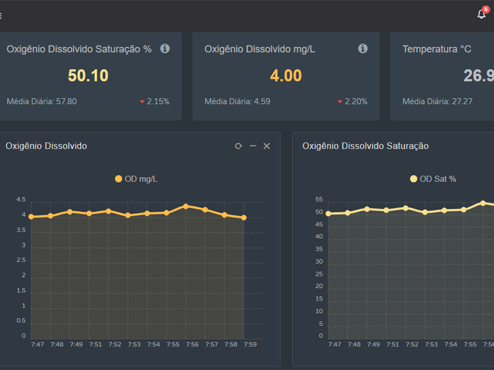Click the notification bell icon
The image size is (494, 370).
481,14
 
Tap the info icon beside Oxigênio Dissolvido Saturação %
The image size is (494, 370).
165,48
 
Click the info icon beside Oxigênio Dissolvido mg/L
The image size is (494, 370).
363,48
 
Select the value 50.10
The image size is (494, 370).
88,76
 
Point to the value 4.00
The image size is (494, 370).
286,76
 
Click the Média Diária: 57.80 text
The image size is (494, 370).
42,101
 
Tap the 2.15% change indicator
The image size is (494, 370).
154,101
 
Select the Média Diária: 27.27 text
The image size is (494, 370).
437,101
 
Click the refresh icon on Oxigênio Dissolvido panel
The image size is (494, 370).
238,146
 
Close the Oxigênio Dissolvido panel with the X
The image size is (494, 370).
267,146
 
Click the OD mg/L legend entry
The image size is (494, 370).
136,179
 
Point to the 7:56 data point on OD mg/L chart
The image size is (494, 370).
186,206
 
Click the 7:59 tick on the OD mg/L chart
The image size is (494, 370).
250,344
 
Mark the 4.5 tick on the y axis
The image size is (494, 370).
21,199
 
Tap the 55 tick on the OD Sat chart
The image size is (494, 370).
319,199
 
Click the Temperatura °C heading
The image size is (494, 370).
436,49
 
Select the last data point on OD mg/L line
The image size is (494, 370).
243,217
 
